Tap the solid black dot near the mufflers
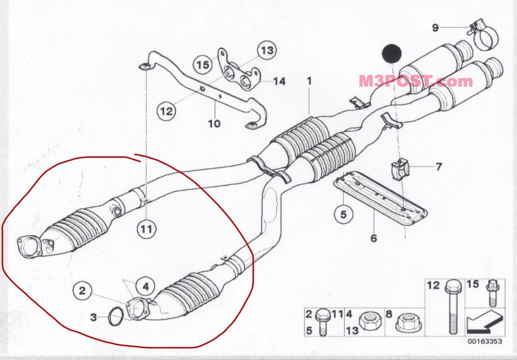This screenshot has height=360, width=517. click(x=391, y=53)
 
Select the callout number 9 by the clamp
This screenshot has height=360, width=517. click(x=435, y=27)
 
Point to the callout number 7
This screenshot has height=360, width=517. click(x=438, y=167)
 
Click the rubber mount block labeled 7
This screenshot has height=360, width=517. click(x=399, y=168)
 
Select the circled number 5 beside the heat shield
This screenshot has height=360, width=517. click(x=343, y=214)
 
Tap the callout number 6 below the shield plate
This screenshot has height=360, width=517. click(x=374, y=238)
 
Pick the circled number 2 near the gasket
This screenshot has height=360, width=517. click(x=82, y=291)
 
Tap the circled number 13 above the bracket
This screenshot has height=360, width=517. click(x=267, y=50)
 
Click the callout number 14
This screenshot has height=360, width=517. click(x=279, y=81)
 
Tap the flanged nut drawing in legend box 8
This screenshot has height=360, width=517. click(x=406, y=321)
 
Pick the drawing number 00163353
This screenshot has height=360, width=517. click(x=484, y=341)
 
